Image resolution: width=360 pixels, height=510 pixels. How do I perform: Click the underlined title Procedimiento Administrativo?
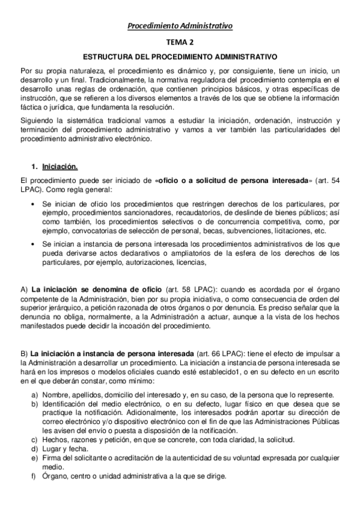[180, 25]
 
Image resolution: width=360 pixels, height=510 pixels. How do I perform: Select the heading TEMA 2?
[180, 43]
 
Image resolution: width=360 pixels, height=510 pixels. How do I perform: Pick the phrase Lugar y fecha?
[62, 449]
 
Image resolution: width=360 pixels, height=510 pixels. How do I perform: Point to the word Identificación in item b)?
[66, 404]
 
